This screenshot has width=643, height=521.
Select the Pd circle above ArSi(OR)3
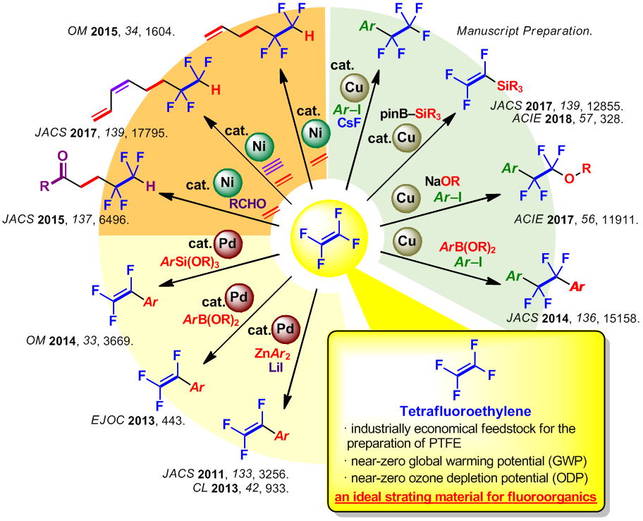(x=230, y=245)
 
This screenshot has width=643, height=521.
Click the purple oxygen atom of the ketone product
(x=59, y=156)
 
